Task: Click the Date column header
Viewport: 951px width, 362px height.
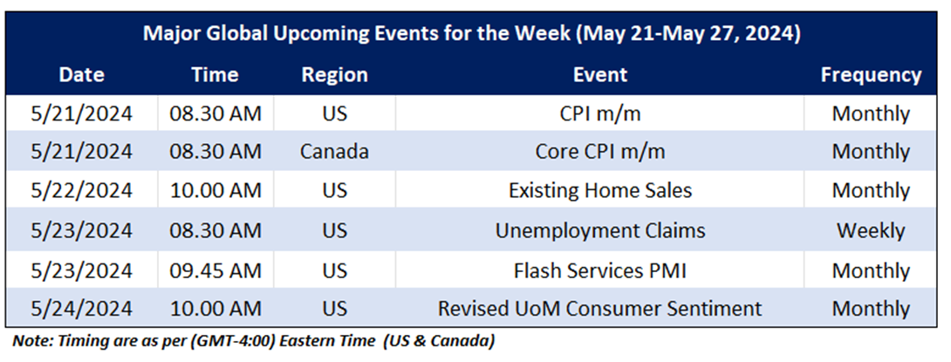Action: [x=81, y=75]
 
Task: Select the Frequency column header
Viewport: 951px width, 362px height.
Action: [x=871, y=75]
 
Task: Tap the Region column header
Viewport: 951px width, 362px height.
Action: [x=334, y=75]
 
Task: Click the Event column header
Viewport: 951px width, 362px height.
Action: [x=600, y=75]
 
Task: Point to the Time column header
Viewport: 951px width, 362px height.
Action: [x=215, y=75]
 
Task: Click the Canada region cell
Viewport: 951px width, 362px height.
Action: [x=334, y=151]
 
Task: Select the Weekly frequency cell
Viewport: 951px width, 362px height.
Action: [x=871, y=230]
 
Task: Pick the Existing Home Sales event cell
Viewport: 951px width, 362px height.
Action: [x=600, y=190]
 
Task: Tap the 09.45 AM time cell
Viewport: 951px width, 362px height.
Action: [x=215, y=270]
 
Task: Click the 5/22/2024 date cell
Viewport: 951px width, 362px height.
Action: [x=81, y=190]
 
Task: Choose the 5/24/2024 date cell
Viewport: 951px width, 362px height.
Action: [x=81, y=309]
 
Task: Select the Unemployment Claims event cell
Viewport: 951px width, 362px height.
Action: [x=600, y=230]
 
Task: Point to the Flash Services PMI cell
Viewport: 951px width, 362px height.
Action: [x=600, y=270]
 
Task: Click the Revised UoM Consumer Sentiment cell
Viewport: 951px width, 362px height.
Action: [x=600, y=309]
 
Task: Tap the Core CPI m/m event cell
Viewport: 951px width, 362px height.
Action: [x=600, y=151]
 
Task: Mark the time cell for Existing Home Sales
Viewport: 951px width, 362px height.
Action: [x=215, y=190]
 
